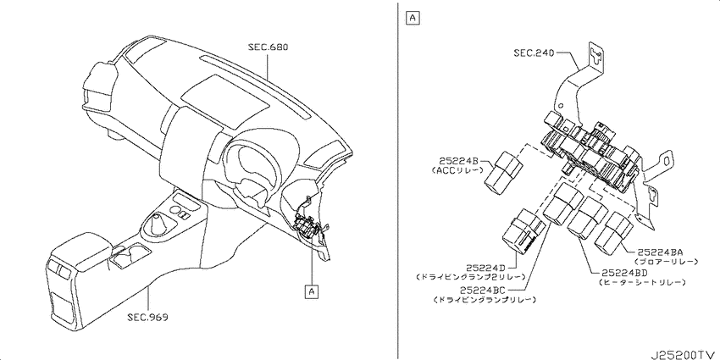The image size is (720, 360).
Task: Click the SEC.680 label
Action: click(x=269, y=47)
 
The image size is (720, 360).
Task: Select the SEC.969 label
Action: click(x=147, y=317)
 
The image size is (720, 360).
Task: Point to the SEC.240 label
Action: click(x=534, y=53)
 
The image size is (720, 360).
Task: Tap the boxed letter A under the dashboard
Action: click(x=312, y=291)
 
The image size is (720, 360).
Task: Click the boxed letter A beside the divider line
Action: click(x=413, y=18)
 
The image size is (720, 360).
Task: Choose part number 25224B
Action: click(x=459, y=161)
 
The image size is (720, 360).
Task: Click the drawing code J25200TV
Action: click(x=684, y=356)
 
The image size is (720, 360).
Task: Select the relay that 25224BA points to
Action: click(x=615, y=232)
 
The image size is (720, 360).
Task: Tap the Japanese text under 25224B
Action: click(x=458, y=170)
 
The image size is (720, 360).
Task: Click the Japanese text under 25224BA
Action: click(x=667, y=261)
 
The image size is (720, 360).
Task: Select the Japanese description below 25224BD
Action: click(x=642, y=282)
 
